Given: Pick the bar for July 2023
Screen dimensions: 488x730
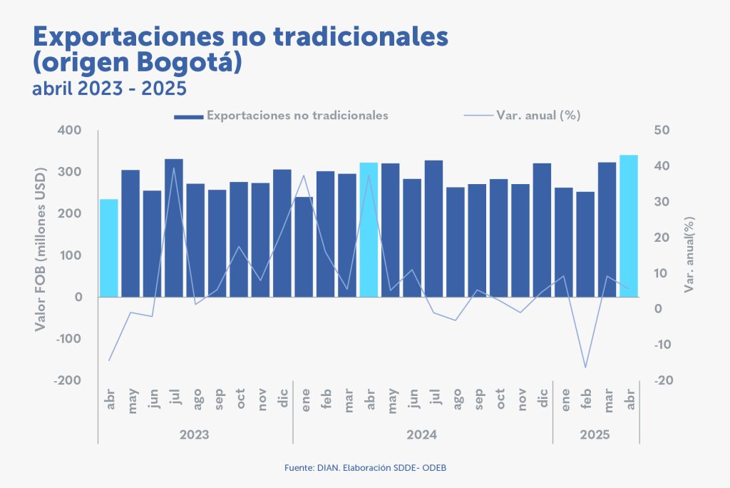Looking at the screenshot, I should (x=174, y=228).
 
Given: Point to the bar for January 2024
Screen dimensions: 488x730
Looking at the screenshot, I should (x=304, y=246).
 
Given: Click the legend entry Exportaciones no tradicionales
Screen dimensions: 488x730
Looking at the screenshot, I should (x=297, y=116).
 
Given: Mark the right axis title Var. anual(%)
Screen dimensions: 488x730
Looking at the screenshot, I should (x=689, y=255).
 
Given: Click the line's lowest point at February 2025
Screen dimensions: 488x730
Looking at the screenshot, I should (x=585, y=367).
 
